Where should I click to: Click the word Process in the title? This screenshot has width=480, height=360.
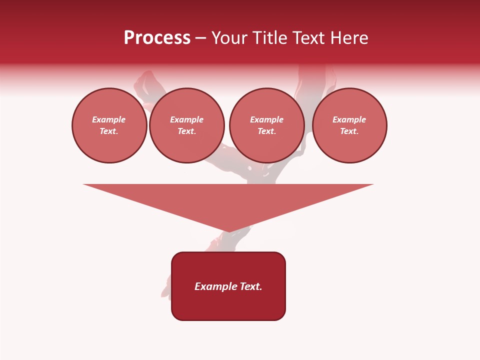coord(157,38)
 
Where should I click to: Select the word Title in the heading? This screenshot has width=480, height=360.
coord(271,38)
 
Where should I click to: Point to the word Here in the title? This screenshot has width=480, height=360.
coord(350,38)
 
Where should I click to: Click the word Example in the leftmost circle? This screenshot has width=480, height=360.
coord(109,120)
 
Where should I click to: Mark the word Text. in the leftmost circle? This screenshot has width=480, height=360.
coord(109,131)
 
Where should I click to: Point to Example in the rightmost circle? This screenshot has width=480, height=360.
coord(349,120)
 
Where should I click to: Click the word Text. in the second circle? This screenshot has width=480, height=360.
coord(187,131)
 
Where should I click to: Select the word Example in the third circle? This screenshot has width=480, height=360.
coord(267,120)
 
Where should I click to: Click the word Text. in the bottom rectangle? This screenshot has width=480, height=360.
coord(251,286)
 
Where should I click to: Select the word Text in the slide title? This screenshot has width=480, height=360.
coord(308,38)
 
